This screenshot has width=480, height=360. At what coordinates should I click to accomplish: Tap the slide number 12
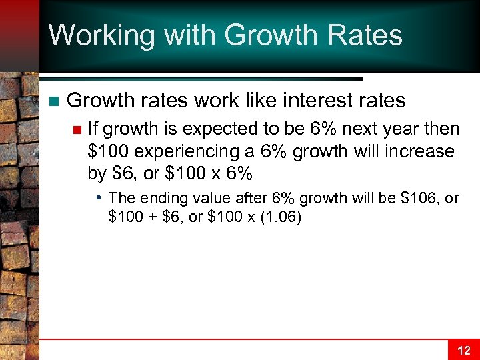[463, 350]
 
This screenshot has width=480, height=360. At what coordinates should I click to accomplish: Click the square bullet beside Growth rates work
[54, 101]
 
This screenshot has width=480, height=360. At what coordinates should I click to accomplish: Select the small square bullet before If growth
[77, 129]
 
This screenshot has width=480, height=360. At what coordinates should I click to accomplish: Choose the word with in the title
[178, 35]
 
